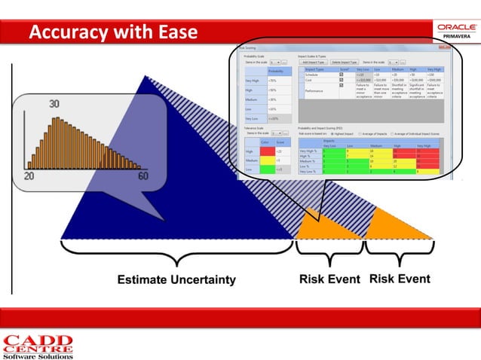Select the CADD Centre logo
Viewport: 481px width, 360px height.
coord(38,346)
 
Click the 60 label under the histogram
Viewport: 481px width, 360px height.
coord(142,175)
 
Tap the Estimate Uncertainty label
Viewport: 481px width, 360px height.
coord(176,280)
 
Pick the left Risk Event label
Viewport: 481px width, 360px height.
coord(329,279)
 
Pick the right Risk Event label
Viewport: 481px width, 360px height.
coord(400,279)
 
